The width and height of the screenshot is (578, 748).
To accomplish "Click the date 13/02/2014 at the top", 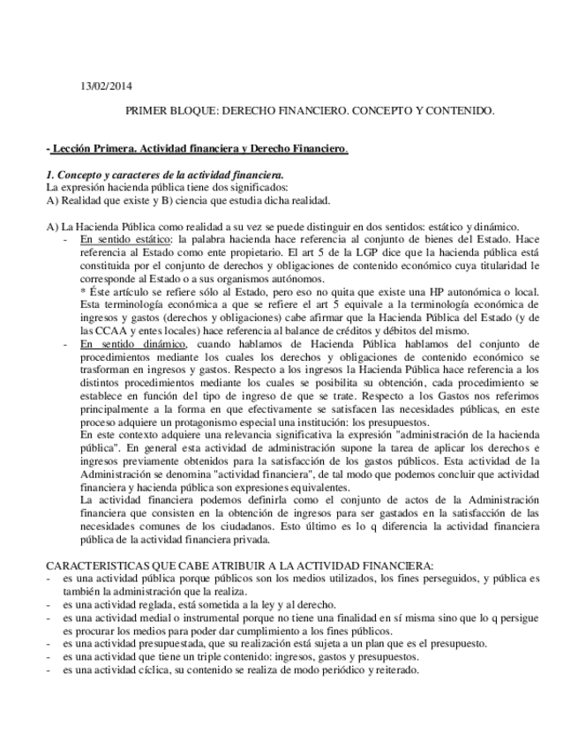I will [x=105, y=86].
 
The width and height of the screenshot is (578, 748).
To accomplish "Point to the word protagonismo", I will [x=214, y=422].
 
